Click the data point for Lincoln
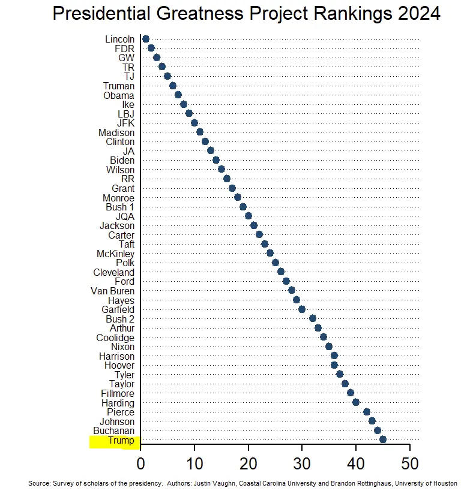click(x=145, y=39)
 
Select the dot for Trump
click(x=383, y=439)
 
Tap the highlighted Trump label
click(x=121, y=441)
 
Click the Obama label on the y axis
click(x=119, y=95)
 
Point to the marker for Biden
click(x=215, y=160)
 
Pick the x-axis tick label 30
click(x=302, y=464)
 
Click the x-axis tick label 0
click(x=140, y=464)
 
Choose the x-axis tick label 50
click(x=410, y=464)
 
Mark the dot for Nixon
click(x=329, y=347)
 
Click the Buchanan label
click(x=114, y=430)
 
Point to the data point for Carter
click(x=259, y=234)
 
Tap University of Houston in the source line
click(x=429, y=483)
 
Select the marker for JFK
click(x=194, y=123)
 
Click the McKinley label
click(x=115, y=254)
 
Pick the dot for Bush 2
click(x=313, y=318)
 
